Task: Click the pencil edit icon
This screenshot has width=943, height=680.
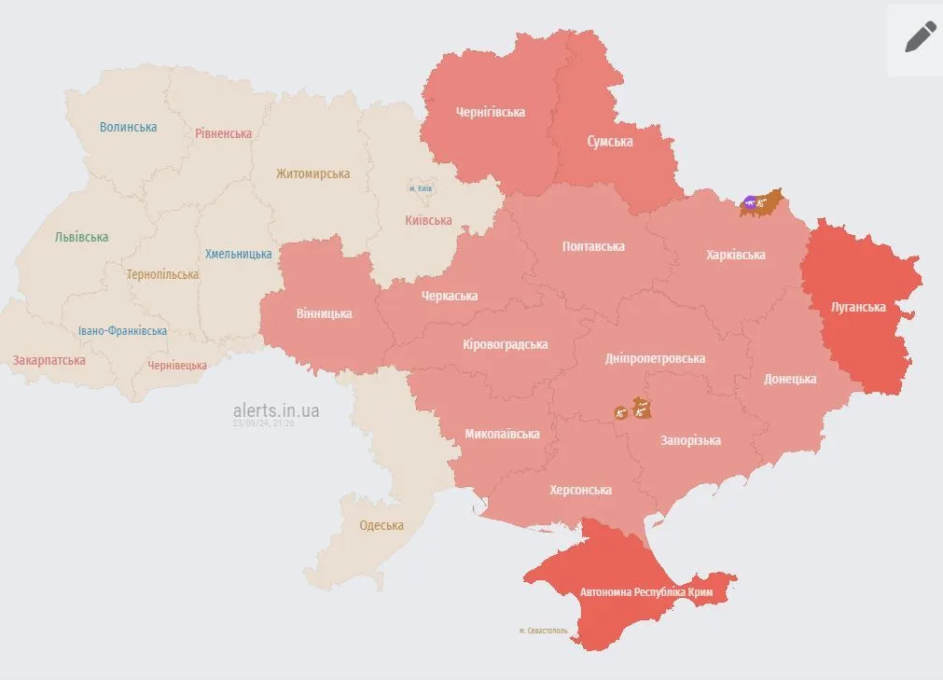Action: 920,36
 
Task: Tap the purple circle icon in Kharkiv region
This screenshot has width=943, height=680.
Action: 750,201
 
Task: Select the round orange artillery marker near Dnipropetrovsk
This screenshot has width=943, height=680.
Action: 620,411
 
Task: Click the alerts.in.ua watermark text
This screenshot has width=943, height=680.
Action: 276,409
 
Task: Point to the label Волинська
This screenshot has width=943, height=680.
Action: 128,127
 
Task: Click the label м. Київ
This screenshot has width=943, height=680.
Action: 421,188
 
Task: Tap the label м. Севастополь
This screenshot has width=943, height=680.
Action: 542,631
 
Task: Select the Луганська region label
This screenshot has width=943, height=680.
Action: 858,306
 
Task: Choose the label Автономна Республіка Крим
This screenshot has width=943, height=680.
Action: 646,592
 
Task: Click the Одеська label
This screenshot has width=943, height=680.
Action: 381,525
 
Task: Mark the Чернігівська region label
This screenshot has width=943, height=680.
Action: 490,112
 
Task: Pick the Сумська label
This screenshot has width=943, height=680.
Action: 609,142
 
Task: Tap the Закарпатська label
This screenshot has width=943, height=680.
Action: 49,360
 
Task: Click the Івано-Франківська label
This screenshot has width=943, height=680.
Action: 122,331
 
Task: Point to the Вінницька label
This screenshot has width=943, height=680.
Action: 324,313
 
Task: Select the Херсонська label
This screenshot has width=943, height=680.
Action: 580,490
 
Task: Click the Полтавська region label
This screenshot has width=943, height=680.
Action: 593,246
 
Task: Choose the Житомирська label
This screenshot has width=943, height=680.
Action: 312,173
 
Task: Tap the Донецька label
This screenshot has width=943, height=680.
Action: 790,379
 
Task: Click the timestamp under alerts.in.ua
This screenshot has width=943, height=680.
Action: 264,423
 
